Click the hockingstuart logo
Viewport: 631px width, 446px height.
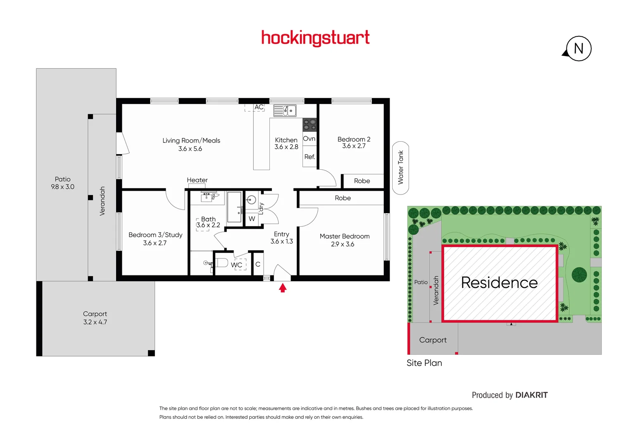click(x=315, y=38)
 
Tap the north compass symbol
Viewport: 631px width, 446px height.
click(x=578, y=49)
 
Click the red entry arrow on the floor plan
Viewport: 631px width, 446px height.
click(x=283, y=287)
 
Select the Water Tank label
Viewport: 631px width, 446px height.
click(x=400, y=167)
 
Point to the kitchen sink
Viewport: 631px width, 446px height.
click(x=285, y=111)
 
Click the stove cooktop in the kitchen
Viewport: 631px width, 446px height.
click(x=310, y=124)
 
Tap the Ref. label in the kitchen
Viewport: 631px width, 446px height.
click(x=310, y=157)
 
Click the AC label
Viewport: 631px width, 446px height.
click(x=259, y=107)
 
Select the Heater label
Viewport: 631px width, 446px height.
click(x=197, y=180)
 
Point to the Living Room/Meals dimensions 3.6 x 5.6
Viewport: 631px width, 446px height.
click(x=190, y=149)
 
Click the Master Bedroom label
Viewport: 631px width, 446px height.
click(x=345, y=236)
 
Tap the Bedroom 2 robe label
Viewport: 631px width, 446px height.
click(x=362, y=181)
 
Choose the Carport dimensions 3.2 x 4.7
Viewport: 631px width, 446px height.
click(x=95, y=322)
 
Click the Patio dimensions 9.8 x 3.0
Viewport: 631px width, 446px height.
click(x=63, y=187)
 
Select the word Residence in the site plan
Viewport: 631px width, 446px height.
click(x=499, y=282)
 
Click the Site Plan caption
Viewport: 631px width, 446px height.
click(x=424, y=363)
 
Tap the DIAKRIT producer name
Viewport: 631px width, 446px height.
click(x=531, y=395)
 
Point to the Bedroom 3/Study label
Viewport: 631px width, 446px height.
click(x=155, y=235)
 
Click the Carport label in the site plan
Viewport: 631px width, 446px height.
click(x=433, y=340)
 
